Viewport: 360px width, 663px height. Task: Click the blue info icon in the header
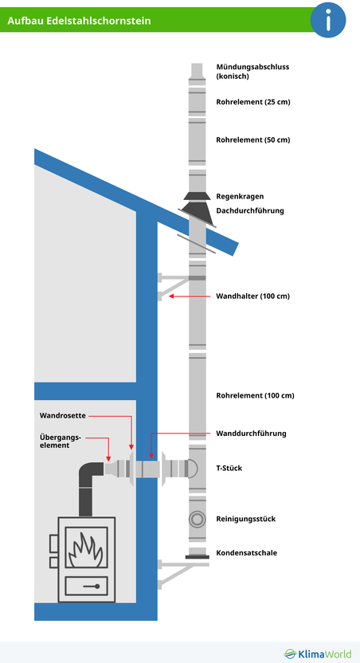pos(328,20)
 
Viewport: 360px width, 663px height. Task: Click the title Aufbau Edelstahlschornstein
pos(79,20)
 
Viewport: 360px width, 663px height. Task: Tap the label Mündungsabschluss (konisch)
pos(252,72)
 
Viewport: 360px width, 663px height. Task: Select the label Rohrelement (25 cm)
pos(253,102)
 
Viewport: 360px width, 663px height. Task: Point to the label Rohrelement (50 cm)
pos(253,139)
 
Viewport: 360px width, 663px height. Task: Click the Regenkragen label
pos(240,197)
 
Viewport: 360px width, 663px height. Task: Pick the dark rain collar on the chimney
pos(197,196)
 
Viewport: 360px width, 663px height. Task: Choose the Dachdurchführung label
pos(250,210)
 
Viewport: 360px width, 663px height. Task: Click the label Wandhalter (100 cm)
pos(253,296)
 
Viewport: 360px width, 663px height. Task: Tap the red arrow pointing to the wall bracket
pos(190,296)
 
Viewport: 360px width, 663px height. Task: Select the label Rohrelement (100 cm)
pos(255,396)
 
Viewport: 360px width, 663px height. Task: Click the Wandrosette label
pos(63,416)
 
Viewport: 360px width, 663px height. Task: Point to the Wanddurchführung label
pos(251,433)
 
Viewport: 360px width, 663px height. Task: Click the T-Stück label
pos(229,468)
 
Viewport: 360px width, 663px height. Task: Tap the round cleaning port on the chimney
pos(197,519)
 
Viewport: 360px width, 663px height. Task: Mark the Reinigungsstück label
pos(246,519)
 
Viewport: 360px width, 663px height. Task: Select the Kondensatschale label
pos(247,553)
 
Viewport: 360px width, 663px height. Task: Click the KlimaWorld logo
pos(317,653)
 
